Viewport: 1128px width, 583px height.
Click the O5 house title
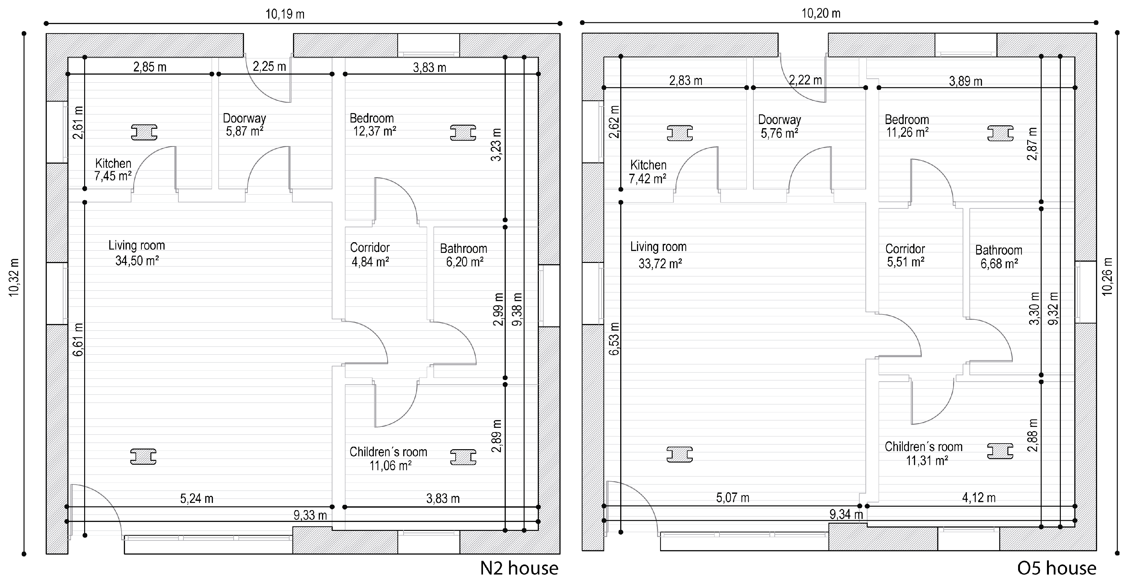(x=1057, y=569)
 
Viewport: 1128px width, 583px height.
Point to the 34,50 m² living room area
(x=137, y=261)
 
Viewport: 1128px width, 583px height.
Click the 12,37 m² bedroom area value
(x=375, y=131)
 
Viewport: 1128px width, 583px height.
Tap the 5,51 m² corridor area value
(x=906, y=262)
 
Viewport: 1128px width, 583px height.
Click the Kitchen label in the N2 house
(x=113, y=163)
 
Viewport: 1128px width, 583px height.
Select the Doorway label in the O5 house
(x=779, y=120)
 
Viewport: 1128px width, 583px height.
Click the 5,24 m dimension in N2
(x=197, y=499)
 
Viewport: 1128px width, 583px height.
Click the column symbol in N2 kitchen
(x=144, y=132)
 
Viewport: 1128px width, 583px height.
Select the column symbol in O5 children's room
(x=1001, y=451)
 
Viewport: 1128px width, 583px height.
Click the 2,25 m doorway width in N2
(x=269, y=67)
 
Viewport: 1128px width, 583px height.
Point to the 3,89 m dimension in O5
(x=966, y=81)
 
